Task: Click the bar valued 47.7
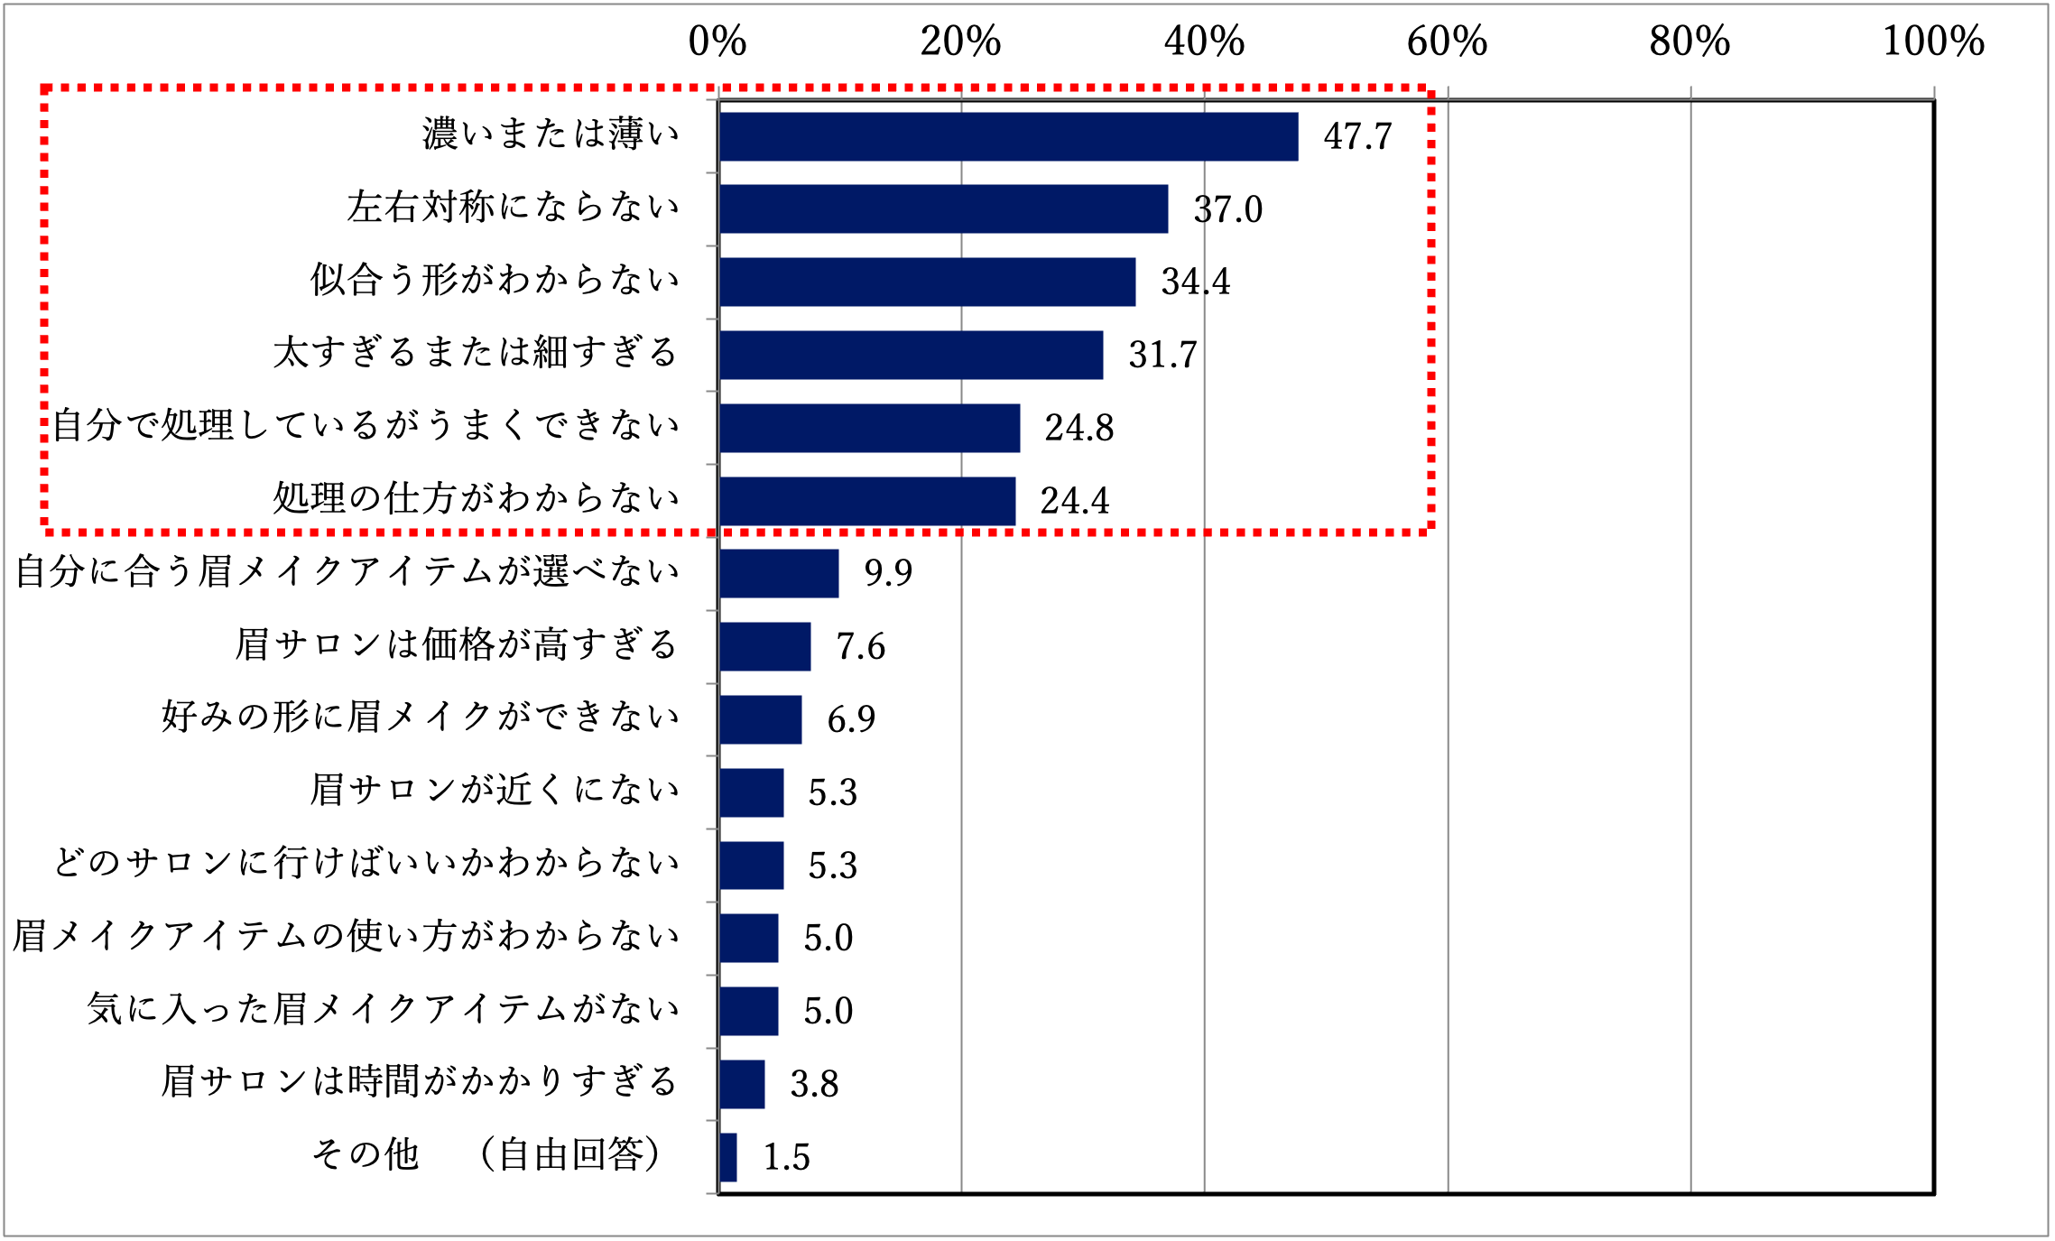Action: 1008,136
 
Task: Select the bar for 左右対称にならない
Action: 943,209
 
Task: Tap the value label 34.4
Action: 1195,282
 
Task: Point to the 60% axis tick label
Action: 1447,42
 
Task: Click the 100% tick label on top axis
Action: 1932,42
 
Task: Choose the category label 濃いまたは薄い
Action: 551,134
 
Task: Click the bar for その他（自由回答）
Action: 728,1157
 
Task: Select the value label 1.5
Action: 786,1157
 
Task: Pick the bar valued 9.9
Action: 779,573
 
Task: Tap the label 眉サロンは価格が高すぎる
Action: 456,644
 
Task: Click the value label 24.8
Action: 1078,428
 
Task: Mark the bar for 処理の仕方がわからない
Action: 867,501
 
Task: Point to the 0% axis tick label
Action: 717,42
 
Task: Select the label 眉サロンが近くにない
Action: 494,790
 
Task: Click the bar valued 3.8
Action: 742,1084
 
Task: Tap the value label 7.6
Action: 860,646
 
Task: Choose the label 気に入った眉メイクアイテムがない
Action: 383,1009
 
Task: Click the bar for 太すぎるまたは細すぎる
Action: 911,355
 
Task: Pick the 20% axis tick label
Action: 960,42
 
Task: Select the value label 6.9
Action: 851,719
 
